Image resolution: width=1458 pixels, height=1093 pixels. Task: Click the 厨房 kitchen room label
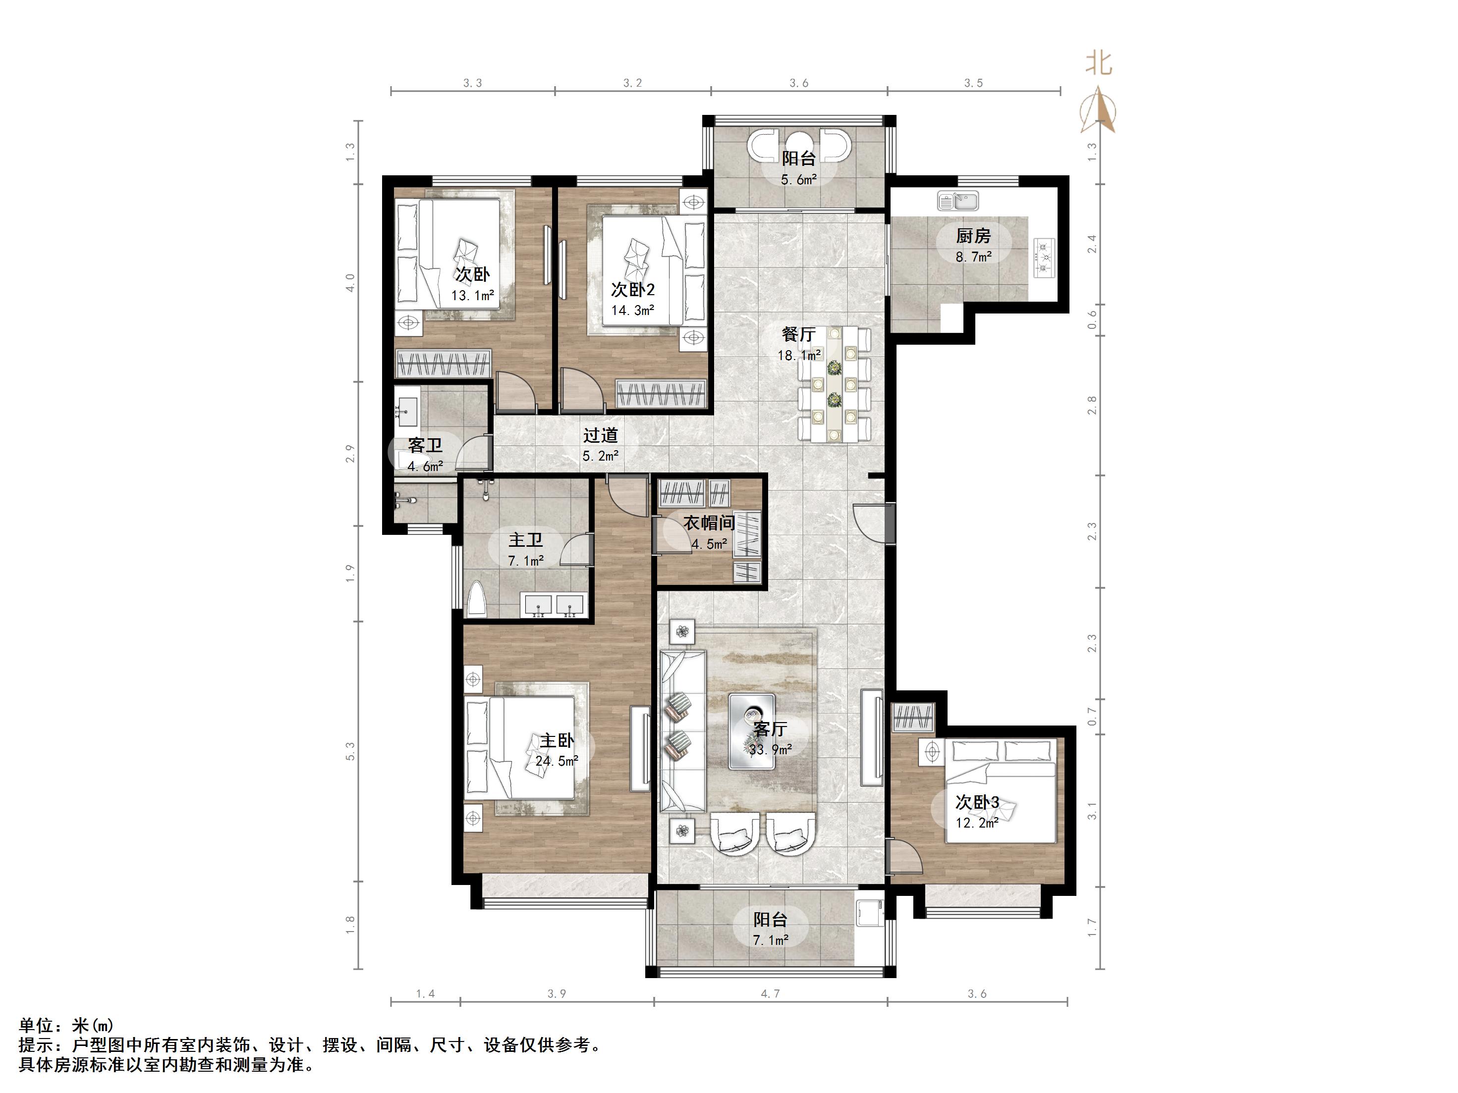pos(973,236)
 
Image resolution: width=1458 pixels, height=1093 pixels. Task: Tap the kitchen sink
pos(958,200)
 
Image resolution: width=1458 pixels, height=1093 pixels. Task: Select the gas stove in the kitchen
pos(1044,258)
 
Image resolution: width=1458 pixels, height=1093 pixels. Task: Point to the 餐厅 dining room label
pos(798,335)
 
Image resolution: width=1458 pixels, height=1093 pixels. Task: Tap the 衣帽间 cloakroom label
pos(709,523)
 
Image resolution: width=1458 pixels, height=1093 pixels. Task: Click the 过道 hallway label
pos(601,435)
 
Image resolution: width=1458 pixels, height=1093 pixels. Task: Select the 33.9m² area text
pos(770,750)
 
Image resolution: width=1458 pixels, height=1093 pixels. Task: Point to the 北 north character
pos(1099,64)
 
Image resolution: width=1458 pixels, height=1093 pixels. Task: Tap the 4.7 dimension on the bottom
pos(770,993)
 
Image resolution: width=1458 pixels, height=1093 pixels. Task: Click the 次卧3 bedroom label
pos(977,802)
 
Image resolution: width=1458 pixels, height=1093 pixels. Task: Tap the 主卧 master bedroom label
pos(557,741)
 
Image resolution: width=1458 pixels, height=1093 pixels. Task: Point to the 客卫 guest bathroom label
pos(425,446)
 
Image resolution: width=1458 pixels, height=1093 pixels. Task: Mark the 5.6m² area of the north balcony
pos(799,180)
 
